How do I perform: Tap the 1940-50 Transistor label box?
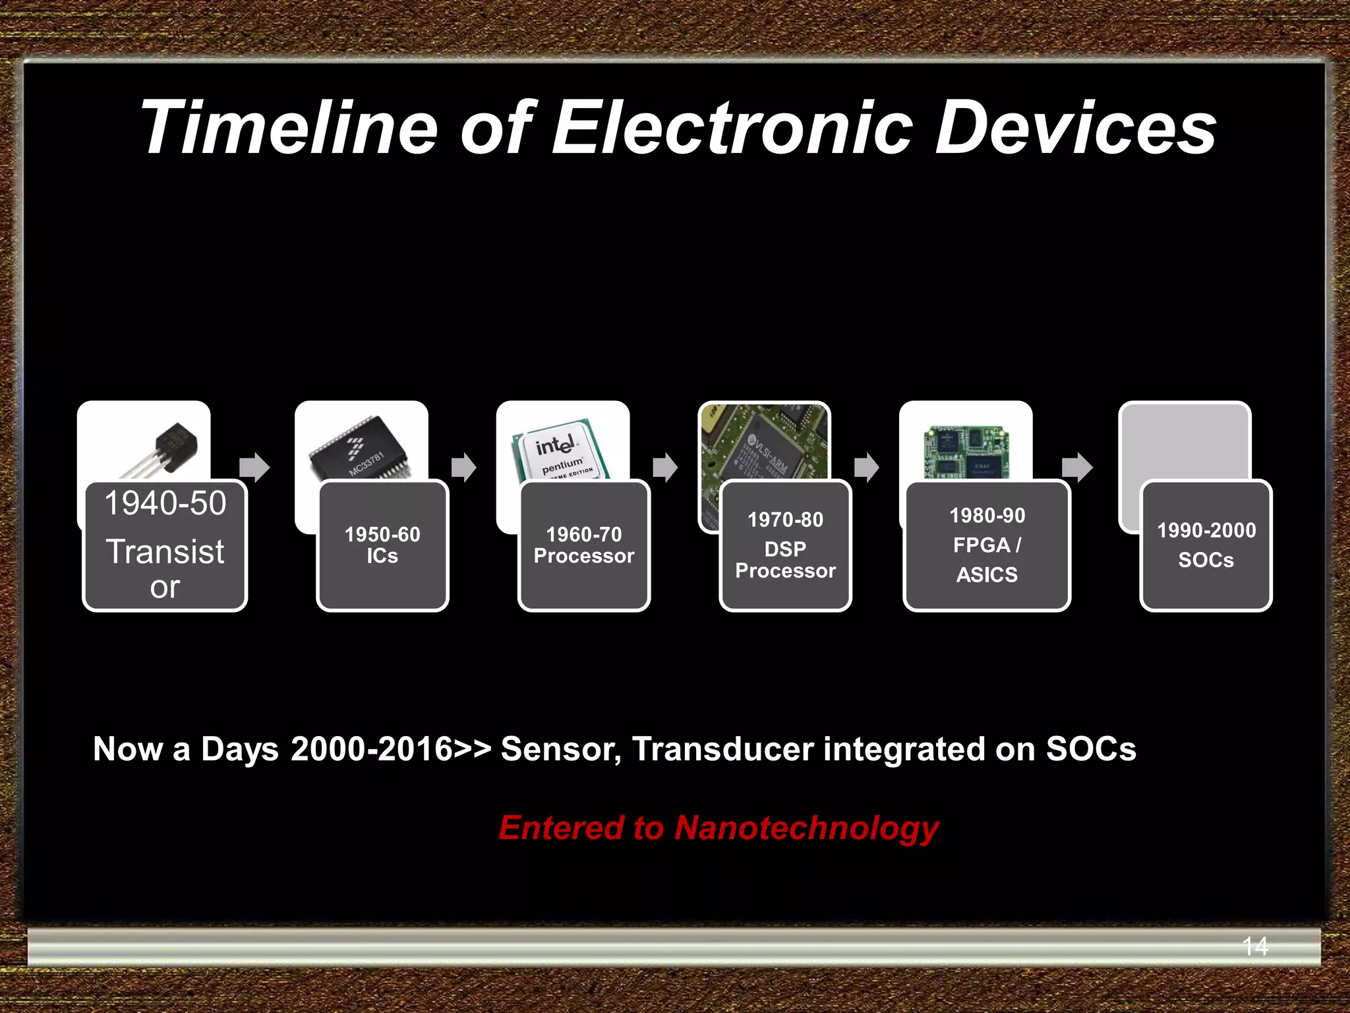pos(165,545)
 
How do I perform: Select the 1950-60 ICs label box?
pos(382,545)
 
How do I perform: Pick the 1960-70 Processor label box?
pos(584,545)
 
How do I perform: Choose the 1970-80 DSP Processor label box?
pos(785,545)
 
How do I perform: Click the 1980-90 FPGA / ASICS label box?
pos(986,545)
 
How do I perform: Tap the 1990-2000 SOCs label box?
pos(1206,545)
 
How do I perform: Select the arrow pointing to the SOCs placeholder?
pos(1077,468)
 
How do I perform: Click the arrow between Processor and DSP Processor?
pos(665,468)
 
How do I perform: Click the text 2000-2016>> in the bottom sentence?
pos(391,749)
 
